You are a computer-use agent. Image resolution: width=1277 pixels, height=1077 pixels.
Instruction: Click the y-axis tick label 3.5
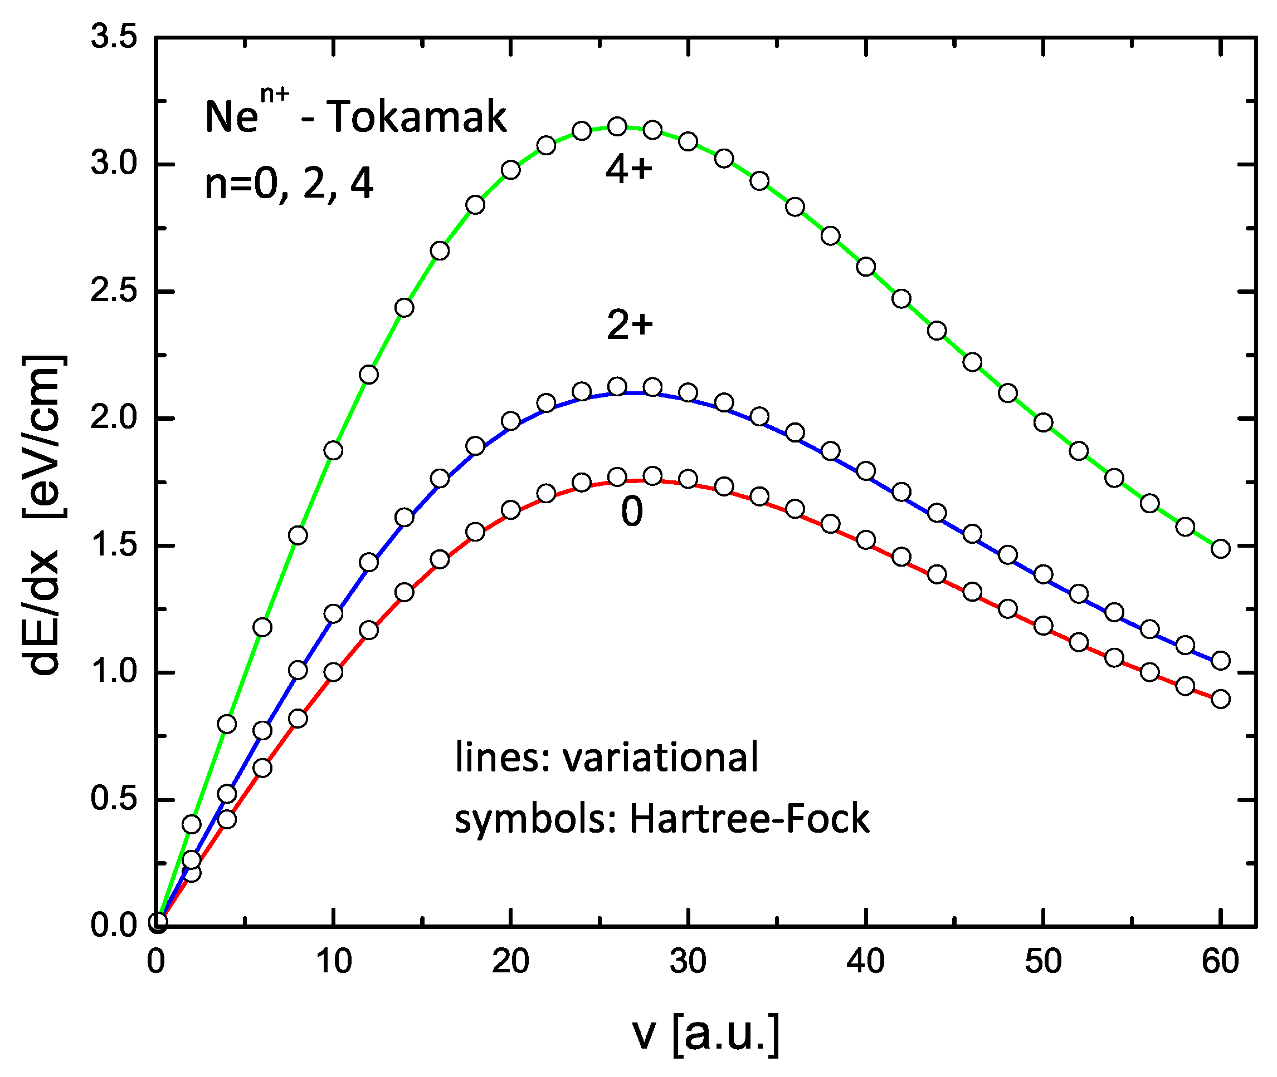pyautogui.click(x=114, y=38)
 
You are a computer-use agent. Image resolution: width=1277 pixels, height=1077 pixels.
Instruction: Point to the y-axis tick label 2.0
pyautogui.click(x=114, y=418)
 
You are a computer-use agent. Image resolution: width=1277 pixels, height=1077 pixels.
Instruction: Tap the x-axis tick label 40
pyautogui.click(x=865, y=962)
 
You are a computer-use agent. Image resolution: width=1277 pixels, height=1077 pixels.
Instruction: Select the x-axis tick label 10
pyautogui.click(x=334, y=962)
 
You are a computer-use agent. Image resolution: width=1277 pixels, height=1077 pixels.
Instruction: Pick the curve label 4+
pyautogui.click(x=630, y=168)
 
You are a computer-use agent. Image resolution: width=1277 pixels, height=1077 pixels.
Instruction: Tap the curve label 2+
pyautogui.click(x=630, y=324)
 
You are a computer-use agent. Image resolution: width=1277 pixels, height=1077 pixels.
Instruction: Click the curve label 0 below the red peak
pyautogui.click(x=632, y=511)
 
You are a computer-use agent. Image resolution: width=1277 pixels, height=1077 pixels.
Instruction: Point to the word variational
pyautogui.click(x=660, y=757)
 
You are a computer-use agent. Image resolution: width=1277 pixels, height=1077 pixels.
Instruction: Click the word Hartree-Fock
pyautogui.click(x=749, y=818)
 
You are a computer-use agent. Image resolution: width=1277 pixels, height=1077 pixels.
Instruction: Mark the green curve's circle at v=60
pyautogui.click(x=1221, y=548)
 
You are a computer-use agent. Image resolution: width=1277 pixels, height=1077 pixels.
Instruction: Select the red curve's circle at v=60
pyautogui.click(x=1221, y=699)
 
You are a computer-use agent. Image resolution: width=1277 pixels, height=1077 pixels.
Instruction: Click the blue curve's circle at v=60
pyautogui.click(x=1221, y=660)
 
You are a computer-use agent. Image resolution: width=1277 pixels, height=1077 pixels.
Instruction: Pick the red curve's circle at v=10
pyautogui.click(x=333, y=672)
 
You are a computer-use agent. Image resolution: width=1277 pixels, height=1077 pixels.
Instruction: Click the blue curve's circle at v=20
pyautogui.click(x=511, y=421)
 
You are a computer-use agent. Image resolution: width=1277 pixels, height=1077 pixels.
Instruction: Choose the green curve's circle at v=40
pyautogui.click(x=866, y=267)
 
